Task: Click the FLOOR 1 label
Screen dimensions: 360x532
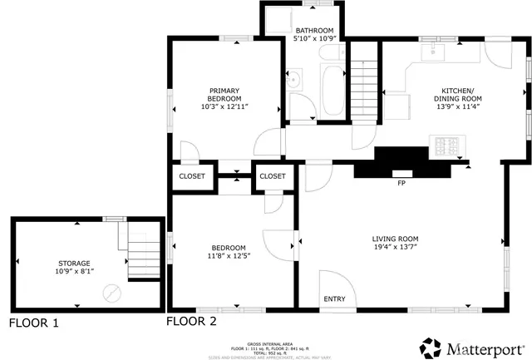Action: [x=34, y=323]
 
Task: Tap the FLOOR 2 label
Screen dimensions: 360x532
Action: [x=191, y=321]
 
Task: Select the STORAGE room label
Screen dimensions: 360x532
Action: [x=72, y=263]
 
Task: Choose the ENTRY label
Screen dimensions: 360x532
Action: [x=334, y=299]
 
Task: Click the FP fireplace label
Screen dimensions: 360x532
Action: [x=401, y=183]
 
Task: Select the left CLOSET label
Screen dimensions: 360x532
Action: [x=192, y=176]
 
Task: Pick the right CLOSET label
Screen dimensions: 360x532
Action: [x=272, y=176]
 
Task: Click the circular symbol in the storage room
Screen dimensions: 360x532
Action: [x=111, y=292]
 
